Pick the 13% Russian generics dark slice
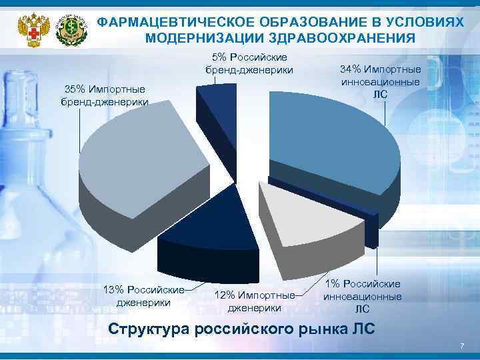207,223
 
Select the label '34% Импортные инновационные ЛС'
380,81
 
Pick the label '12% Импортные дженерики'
254,301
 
